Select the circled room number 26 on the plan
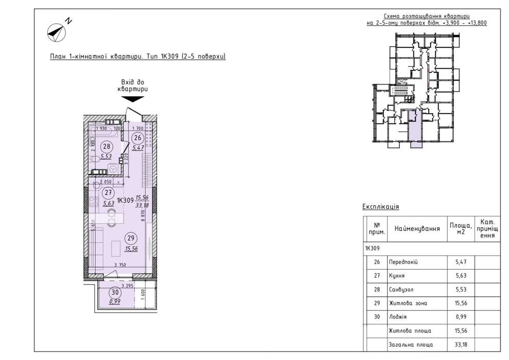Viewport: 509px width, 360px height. (137, 137)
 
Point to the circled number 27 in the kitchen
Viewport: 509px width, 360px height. (108, 193)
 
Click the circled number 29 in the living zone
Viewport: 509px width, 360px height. (131, 238)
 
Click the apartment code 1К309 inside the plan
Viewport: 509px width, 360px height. (125, 200)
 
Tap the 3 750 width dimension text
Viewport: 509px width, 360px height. (121, 266)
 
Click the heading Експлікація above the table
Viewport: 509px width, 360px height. (381, 207)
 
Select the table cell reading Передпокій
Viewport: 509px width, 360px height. (403, 262)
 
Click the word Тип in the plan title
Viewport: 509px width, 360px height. (153, 56)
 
